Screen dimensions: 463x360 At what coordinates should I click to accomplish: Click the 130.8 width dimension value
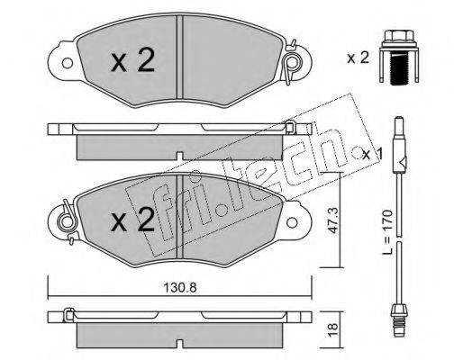[180, 288]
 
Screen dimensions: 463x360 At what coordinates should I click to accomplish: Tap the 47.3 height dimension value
[332, 220]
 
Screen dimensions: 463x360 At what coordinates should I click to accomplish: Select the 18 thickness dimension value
[332, 329]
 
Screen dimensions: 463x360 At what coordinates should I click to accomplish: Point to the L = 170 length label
[387, 232]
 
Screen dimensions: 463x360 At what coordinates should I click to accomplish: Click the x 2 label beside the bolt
[358, 58]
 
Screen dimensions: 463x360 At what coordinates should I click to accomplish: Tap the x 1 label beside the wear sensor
[373, 155]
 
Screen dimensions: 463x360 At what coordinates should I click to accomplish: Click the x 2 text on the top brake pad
[132, 60]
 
